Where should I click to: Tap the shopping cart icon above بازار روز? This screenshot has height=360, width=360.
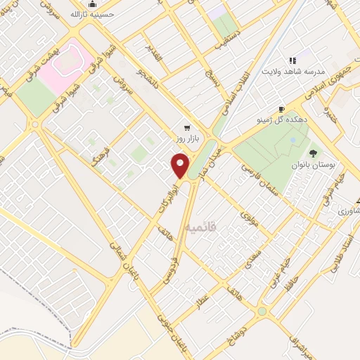point(187,128)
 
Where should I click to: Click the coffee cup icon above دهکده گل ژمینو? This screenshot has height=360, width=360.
point(281,110)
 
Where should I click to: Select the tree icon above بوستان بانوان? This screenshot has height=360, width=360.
point(313,153)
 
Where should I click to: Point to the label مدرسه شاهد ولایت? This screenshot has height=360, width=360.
point(292,72)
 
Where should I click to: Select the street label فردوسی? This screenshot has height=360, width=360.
point(172,265)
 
